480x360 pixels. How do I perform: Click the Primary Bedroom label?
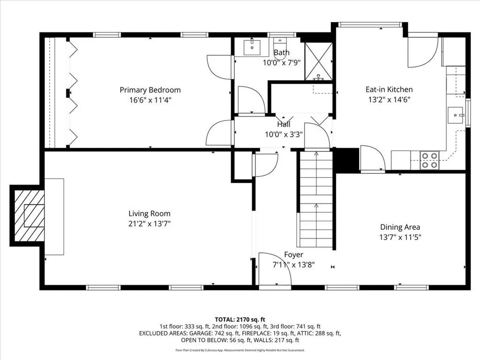tap(150, 90)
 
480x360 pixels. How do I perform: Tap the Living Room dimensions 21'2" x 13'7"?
tap(150, 224)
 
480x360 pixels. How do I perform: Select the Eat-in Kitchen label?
tap(389, 90)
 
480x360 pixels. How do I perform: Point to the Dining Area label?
tap(400, 227)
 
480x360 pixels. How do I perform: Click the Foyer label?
tap(293, 255)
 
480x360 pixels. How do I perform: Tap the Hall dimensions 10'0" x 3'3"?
tap(284, 135)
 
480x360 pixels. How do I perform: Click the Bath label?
tap(282, 52)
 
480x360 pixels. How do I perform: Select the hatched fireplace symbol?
tap(30, 216)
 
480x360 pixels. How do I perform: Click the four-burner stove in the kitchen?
tap(430, 160)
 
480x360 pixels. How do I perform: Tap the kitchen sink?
tap(456, 115)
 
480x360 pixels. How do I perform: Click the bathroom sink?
tap(252, 47)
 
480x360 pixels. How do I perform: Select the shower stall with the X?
tap(319, 61)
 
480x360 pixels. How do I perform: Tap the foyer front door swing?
tap(275, 269)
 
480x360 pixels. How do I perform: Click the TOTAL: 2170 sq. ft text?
tap(240, 320)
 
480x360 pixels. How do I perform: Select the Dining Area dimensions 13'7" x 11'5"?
tap(400, 237)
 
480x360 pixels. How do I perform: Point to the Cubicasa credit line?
tap(240, 350)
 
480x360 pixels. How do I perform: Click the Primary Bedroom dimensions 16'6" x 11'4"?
tap(150, 100)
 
